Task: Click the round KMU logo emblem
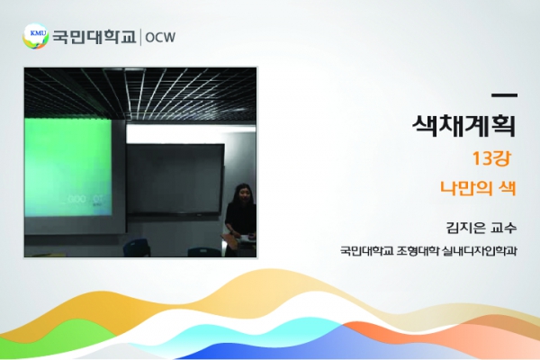(x=35, y=36)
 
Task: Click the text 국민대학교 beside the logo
(x=94, y=37)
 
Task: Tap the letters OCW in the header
(x=160, y=37)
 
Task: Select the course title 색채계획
(x=463, y=126)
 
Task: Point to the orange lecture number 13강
(x=491, y=158)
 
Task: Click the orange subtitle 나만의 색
(x=479, y=188)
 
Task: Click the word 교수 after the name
(x=504, y=228)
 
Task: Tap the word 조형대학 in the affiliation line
(x=418, y=250)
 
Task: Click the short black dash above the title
(x=504, y=95)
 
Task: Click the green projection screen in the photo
(x=67, y=167)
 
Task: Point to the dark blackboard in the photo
(x=175, y=179)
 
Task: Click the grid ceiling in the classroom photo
(x=140, y=93)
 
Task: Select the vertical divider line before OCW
(x=140, y=37)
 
